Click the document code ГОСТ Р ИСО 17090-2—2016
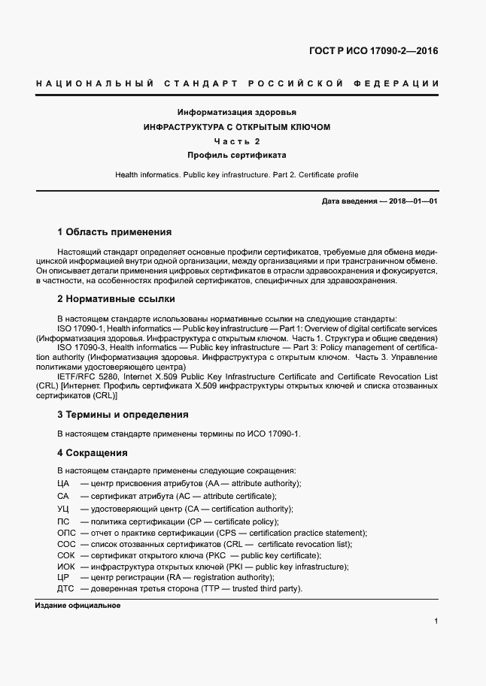(373, 51)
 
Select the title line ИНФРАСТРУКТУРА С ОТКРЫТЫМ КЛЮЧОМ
(237, 127)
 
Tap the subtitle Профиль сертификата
(237, 156)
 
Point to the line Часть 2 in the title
(237, 141)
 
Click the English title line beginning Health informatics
(237, 175)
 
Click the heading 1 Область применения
(114, 232)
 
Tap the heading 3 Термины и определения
(123, 415)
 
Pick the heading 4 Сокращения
(93, 453)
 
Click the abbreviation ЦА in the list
(63, 483)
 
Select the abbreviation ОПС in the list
(66, 533)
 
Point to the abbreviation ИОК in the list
(66, 566)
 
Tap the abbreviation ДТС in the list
(65, 588)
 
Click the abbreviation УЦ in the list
(63, 509)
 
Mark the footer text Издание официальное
(78, 606)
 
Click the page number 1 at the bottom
(436, 621)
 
